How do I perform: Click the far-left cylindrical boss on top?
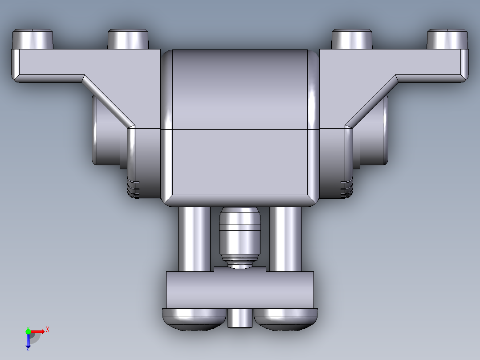[x=33, y=39]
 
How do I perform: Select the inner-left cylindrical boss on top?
[x=128, y=39]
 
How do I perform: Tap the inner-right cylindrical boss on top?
[x=352, y=39]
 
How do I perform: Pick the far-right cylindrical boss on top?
[x=447, y=39]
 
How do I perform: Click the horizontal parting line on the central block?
[x=240, y=129]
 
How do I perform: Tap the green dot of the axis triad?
[x=28, y=331]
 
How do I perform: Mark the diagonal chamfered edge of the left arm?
[x=109, y=100]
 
